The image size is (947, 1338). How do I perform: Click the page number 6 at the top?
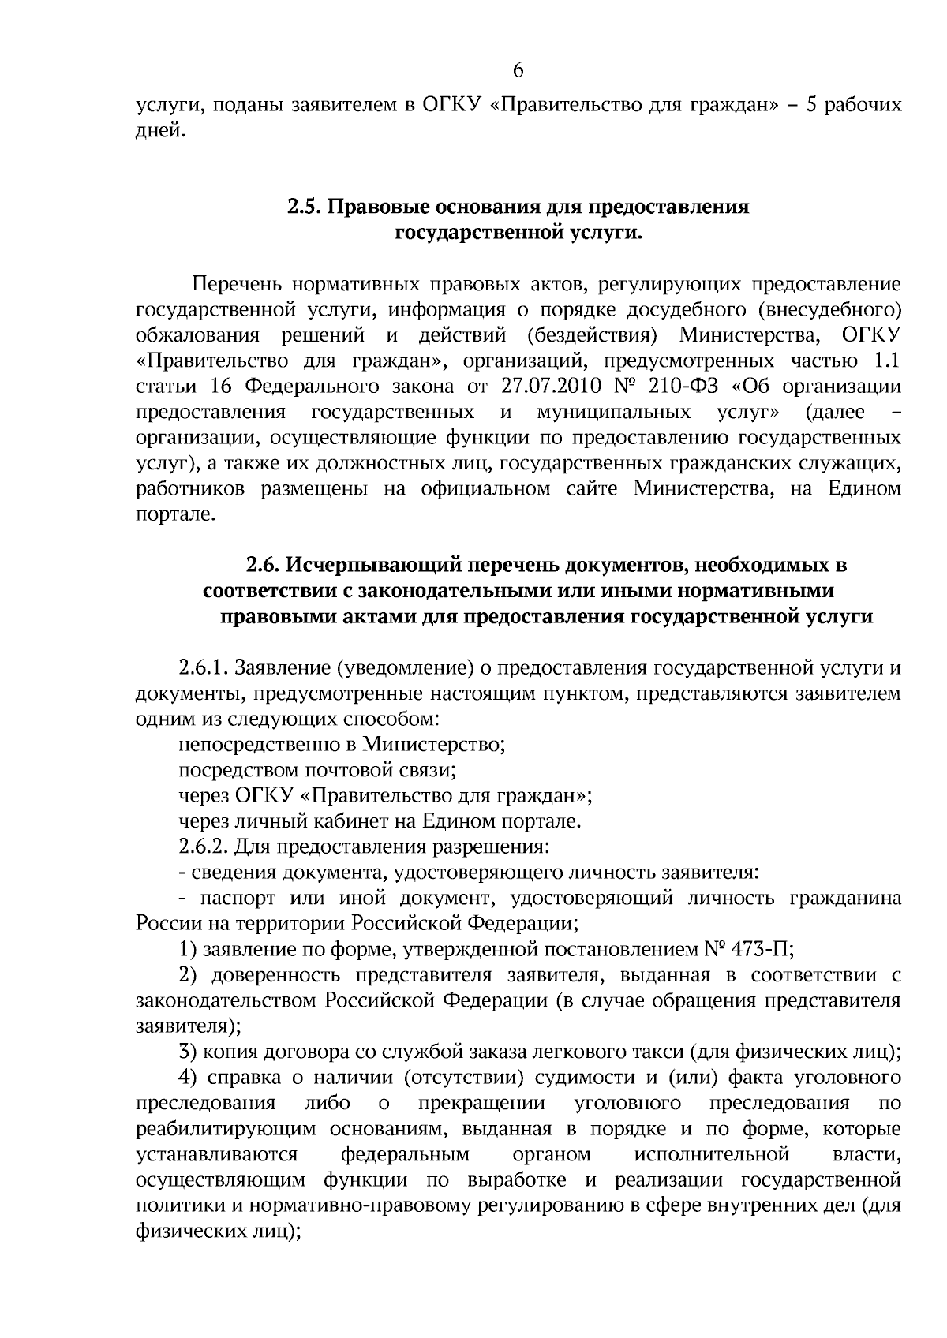(x=518, y=71)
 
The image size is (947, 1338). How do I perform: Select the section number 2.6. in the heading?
(x=262, y=565)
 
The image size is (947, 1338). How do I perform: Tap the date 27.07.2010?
(x=551, y=387)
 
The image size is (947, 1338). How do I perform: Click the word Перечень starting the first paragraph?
(x=233, y=283)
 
